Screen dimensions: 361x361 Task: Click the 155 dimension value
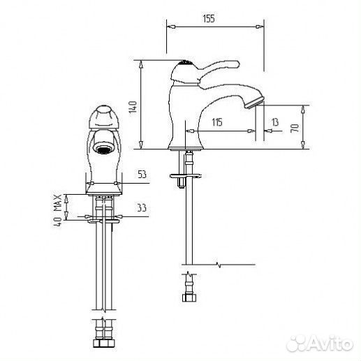[209, 18]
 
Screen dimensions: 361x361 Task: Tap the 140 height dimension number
[133, 107]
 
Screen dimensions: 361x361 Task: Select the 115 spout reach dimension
[217, 122]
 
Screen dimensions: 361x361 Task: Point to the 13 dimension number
[275, 122]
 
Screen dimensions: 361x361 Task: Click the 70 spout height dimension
[295, 128]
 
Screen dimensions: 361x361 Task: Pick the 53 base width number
[142, 174]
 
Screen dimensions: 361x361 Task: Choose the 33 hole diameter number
[142, 208]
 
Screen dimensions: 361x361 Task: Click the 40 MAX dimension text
[57, 210]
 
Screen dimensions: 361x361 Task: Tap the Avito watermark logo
[320, 344]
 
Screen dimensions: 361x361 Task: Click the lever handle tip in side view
[237, 64]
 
